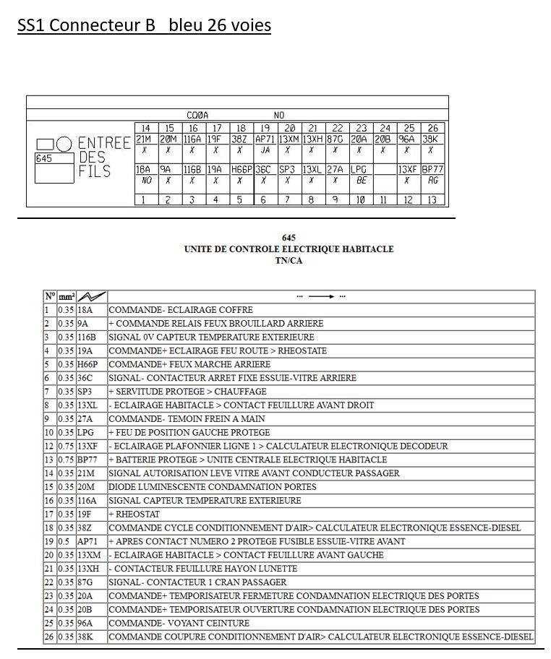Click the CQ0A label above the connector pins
pyautogui.click(x=197, y=115)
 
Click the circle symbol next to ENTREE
pyautogui.click(x=64, y=144)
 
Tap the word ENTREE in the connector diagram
pyautogui.click(x=104, y=143)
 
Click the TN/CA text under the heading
pyautogui.click(x=289, y=260)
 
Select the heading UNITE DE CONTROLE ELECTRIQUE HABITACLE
pyautogui.click(x=289, y=249)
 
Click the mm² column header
pyautogui.click(x=67, y=296)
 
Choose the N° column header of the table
pyautogui.click(x=50, y=296)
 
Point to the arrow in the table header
pyautogui.click(x=320, y=296)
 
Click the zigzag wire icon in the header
pyautogui.click(x=91, y=296)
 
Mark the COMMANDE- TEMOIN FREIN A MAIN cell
pyautogui.click(x=187, y=418)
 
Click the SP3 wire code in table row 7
pyautogui.click(x=85, y=392)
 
